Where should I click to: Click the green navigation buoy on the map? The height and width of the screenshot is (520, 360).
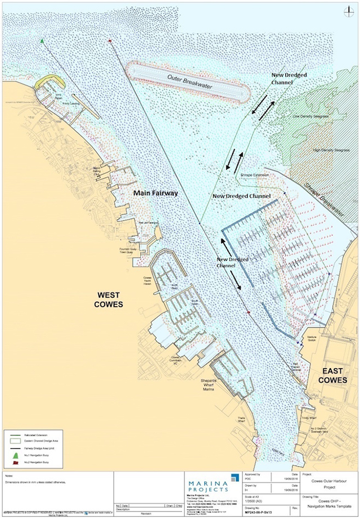[x=42, y=41]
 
